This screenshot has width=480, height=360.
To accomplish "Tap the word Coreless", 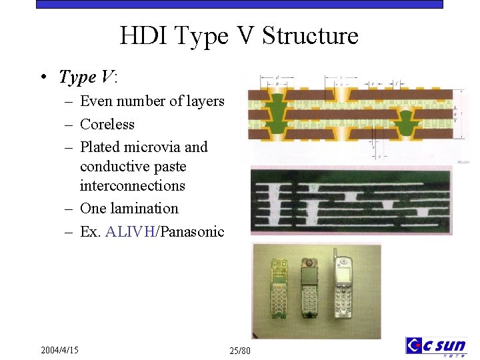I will (107, 125).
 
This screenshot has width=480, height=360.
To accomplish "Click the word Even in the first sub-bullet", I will (95, 101).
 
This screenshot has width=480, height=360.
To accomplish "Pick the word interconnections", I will (132, 185).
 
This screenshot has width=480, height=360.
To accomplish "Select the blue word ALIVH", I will (130, 232).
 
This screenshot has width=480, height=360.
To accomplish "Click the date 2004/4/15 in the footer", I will (59, 350).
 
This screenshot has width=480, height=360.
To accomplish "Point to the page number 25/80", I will (240, 351).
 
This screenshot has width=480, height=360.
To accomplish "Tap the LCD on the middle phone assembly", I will (309, 273).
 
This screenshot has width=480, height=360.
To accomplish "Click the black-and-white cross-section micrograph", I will (350, 200).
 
